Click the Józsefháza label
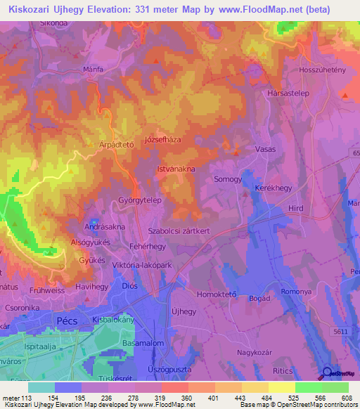click(162, 139)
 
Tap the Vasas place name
click(265, 150)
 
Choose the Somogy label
click(228, 179)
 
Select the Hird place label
click(296, 208)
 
